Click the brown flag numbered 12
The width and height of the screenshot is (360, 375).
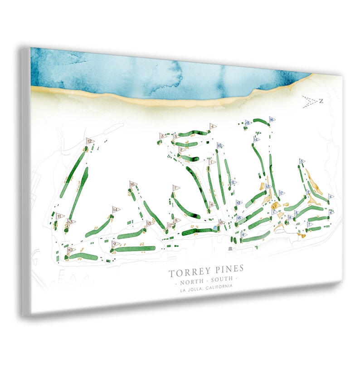pyautogui.click(x=89, y=141)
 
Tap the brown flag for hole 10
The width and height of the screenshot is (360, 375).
pyautogui.click(x=70, y=250)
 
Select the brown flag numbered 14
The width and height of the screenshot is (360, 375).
pyautogui.click(x=116, y=209)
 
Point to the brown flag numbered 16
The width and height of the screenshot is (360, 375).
pyautogui.click(x=133, y=184)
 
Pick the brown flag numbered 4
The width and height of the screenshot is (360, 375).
pyautogui.click(x=212, y=126)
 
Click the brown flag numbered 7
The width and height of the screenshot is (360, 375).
pyautogui.click(x=175, y=187)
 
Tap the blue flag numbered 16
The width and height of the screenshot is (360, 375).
pyautogui.click(x=272, y=119)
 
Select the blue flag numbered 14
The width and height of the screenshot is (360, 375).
pyautogui.click(x=256, y=139)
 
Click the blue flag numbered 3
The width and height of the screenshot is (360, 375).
pyautogui.click(x=302, y=161)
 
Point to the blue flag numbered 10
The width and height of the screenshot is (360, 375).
pyautogui.click(x=220, y=146)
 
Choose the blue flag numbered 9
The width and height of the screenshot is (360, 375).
pyautogui.click(x=244, y=235)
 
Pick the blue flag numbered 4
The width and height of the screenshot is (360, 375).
pyautogui.click(x=331, y=197)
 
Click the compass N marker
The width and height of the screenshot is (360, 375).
pyautogui.click(x=321, y=101)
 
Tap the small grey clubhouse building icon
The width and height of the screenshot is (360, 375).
pyautogui.click(x=230, y=249)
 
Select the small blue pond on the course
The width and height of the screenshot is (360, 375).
pyautogui.click(x=215, y=227)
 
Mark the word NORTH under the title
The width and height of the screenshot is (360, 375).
pyautogui.click(x=192, y=278)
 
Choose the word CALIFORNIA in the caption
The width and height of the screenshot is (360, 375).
pyautogui.click(x=219, y=287)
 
